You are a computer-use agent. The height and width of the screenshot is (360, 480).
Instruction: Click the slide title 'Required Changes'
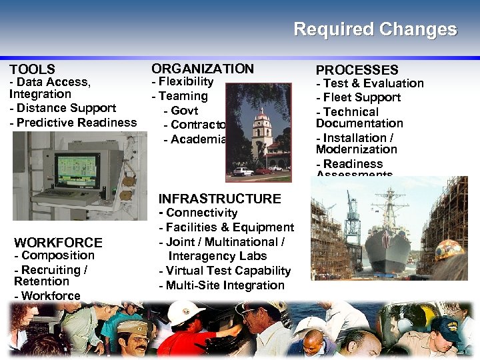tap(375, 30)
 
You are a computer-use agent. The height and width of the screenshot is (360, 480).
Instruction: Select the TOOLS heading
tap(32, 69)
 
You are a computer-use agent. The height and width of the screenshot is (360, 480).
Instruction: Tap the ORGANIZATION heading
tap(203, 69)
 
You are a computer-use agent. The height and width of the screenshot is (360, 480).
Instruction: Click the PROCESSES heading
tap(357, 70)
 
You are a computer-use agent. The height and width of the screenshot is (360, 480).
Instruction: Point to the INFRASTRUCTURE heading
tap(219, 199)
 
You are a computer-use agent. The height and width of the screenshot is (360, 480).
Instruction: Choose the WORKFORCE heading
tap(58, 243)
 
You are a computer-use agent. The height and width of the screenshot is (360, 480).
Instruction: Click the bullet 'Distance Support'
tap(66, 108)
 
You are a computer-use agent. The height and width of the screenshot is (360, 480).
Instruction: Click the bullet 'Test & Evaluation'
tap(373, 83)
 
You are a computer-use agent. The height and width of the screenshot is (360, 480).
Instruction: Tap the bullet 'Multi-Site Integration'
tap(225, 285)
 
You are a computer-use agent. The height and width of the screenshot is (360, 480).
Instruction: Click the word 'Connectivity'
tap(201, 213)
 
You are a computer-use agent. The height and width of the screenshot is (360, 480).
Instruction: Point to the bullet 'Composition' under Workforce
tap(57, 255)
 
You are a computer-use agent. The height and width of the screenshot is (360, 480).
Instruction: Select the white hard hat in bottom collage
tap(186, 313)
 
